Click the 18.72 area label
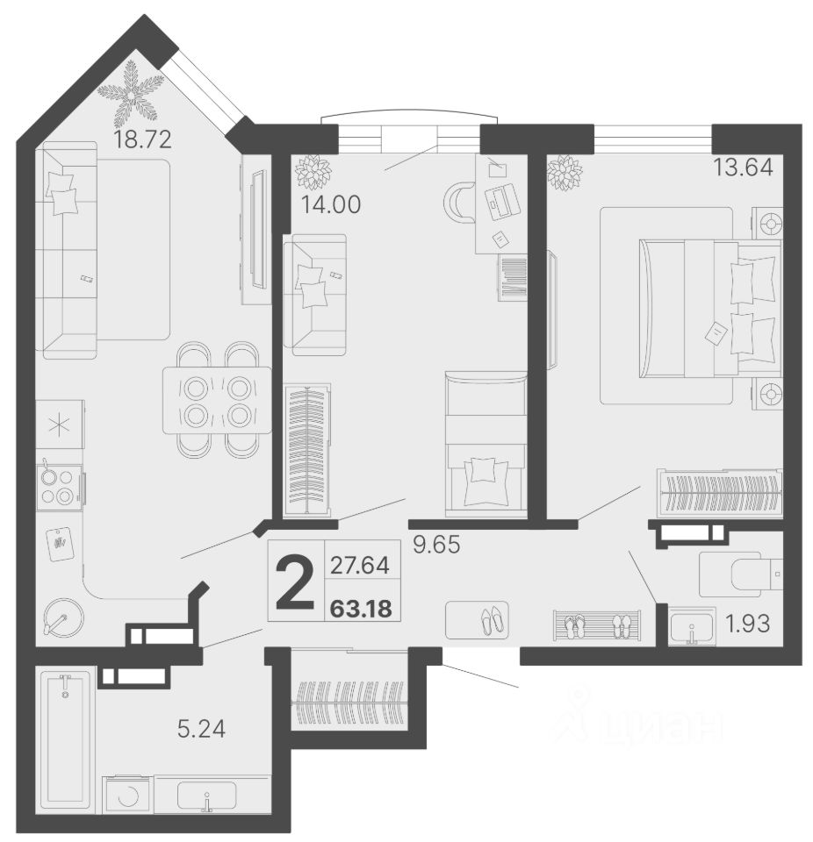142,139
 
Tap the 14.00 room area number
330,204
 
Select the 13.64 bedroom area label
743,167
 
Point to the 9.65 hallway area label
436,545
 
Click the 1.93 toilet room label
747,624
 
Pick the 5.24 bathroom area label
201,729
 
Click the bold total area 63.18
362,609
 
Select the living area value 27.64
360,566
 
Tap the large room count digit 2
295,583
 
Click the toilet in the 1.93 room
741,574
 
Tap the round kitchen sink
64,617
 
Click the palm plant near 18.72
131,91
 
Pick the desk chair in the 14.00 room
457,203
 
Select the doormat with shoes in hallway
477,620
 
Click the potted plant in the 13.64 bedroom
565,173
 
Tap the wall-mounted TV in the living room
257,229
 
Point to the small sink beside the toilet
692,626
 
